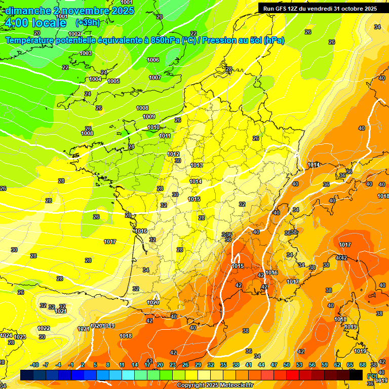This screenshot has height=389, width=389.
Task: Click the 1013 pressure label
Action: [197, 165]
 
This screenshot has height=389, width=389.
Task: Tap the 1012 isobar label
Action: [173, 154]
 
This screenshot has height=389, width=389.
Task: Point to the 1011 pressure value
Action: [165, 136]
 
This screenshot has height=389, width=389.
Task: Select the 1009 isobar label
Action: [149, 116]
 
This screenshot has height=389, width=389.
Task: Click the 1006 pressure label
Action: [153, 60]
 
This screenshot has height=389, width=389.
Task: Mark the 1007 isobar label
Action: [155, 77]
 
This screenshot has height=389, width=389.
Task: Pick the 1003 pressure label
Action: [86, 53]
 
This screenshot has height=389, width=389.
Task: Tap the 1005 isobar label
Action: [113, 81]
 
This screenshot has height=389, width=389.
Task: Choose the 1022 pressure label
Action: [44, 328]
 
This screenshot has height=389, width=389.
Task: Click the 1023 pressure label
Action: [20, 337]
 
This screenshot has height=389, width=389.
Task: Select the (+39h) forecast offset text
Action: [88, 22]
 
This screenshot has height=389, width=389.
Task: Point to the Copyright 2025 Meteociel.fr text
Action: [215, 385]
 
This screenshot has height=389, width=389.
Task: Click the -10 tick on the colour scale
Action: [34, 365]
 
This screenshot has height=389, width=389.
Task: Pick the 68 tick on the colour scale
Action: [363, 365]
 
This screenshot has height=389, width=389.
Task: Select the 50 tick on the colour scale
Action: [287, 365]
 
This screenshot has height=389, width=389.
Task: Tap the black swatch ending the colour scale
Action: [356, 375]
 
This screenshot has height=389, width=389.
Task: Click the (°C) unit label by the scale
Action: [372, 375]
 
